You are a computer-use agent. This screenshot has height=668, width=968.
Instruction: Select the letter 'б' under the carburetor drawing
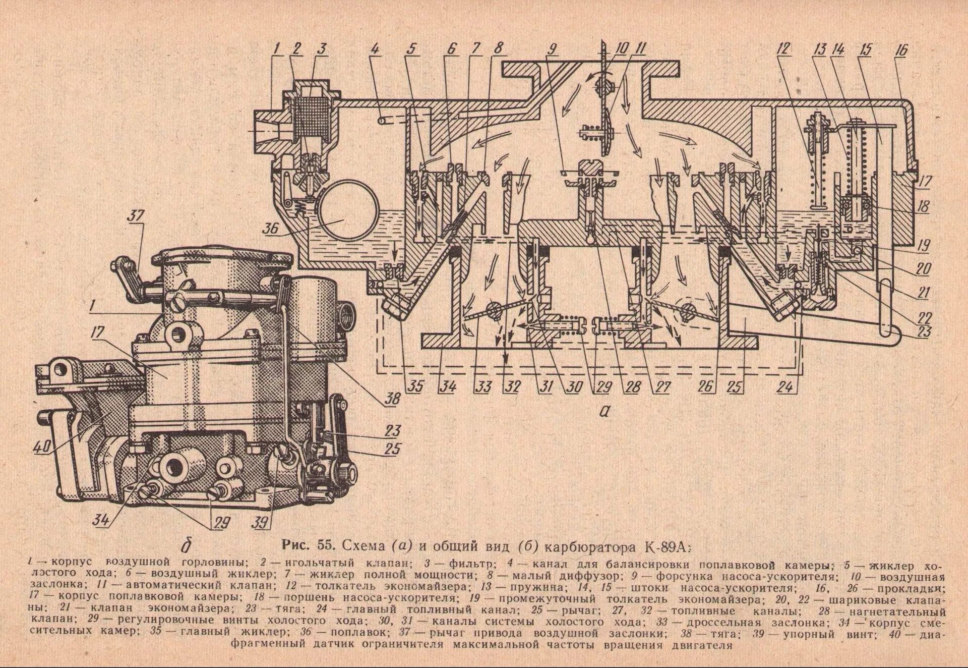187,546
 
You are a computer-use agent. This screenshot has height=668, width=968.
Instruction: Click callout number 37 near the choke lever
135,216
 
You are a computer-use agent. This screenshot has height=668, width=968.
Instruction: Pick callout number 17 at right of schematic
925,181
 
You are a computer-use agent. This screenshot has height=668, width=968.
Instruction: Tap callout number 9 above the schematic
553,49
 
